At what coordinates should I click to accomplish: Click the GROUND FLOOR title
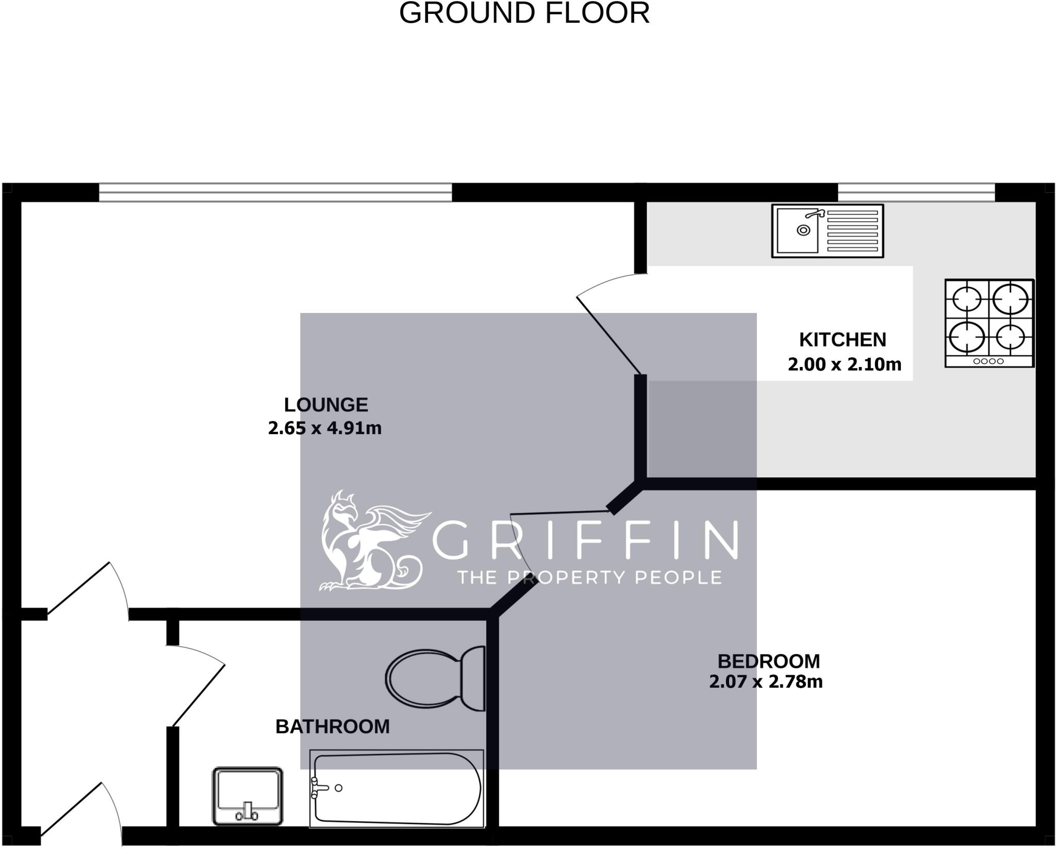[524, 13]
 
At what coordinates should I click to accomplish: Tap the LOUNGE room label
[326, 405]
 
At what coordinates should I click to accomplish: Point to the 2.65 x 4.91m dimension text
[325, 428]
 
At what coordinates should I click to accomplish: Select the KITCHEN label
[843, 340]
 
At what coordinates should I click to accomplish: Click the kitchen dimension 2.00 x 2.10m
[845, 364]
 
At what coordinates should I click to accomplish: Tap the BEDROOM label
[768, 661]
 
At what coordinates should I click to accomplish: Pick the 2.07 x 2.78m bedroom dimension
[766, 681]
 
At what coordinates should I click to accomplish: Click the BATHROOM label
[333, 726]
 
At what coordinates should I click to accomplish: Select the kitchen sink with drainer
[827, 230]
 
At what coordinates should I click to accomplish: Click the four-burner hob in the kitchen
[989, 323]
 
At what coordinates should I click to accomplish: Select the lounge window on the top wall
[275, 192]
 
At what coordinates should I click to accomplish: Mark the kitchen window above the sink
[916, 192]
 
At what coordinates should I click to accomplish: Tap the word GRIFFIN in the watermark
[585, 540]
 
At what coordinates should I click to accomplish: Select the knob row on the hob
[988, 361]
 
